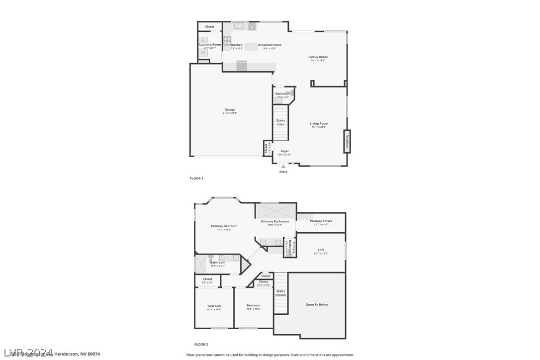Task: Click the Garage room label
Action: [230, 110]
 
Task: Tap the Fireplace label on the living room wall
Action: [347, 141]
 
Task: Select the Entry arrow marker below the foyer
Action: [283, 167]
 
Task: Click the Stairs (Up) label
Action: [280, 122]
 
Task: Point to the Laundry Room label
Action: [210, 45]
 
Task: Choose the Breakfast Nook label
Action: [270, 45]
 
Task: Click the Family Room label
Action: [318, 57]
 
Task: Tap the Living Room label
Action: [319, 124]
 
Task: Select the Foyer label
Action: [284, 151]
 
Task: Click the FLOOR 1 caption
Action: [196, 178]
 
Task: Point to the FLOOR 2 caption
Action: [201, 344]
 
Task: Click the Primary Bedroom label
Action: [224, 226]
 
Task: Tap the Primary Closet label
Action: [321, 221]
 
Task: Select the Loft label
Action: [321, 250]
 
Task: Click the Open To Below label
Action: [317, 305]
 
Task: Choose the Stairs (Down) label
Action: [281, 293]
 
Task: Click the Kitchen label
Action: [237, 45]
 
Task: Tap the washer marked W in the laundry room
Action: [203, 52]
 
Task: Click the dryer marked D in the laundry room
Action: [203, 40]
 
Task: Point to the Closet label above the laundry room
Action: [209, 27]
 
